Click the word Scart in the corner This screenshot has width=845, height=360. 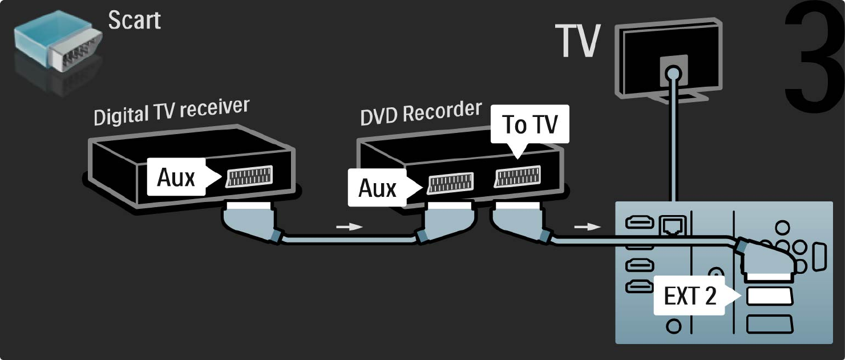(x=135, y=21)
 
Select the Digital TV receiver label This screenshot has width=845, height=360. (x=171, y=112)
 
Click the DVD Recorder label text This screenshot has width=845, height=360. (x=421, y=112)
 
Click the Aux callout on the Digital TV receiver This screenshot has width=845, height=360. (x=176, y=179)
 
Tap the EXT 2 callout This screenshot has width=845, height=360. (x=690, y=296)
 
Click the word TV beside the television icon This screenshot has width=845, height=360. (x=578, y=41)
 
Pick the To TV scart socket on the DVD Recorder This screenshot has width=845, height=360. (x=517, y=176)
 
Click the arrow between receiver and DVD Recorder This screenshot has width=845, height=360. (x=349, y=226)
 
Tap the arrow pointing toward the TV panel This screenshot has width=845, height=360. (x=587, y=227)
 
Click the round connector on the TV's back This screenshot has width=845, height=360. (x=674, y=72)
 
